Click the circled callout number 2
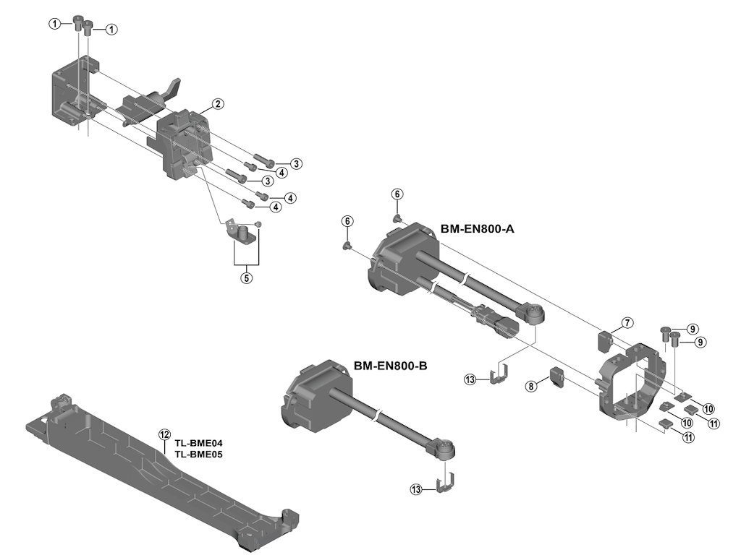(x=216, y=104)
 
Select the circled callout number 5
(x=247, y=277)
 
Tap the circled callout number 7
(x=627, y=322)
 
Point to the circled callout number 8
(x=532, y=387)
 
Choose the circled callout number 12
(x=164, y=434)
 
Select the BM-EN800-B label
(x=391, y=366)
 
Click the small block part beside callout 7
(x=606, y=338)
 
